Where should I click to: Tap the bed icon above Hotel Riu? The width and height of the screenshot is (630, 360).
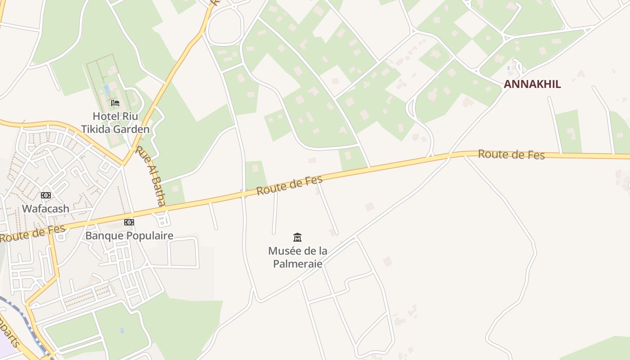click(x=115, y=103)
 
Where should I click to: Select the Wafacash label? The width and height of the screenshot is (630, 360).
click(x=46, y=209)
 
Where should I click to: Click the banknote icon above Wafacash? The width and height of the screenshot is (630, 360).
click(x=46, y=195)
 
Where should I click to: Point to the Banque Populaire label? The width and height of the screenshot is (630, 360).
click(x=129, y=236)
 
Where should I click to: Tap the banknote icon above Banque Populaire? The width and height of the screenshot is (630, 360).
click(x=129, y=222)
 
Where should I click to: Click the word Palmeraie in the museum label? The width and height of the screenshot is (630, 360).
click(x=297, y=264)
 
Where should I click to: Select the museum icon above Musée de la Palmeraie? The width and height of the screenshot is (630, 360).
click(x=297, y=237)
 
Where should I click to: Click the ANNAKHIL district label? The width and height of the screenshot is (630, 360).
click(x=532, y=84)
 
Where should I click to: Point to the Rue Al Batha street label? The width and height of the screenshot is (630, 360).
click(x=150, y=175)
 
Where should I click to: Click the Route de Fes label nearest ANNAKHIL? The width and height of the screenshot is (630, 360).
click(x=511, y=155)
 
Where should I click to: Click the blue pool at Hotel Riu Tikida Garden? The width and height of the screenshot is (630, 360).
click(x=107, y=89)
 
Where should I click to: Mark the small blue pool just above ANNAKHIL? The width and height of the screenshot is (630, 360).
click(x=508, y=68)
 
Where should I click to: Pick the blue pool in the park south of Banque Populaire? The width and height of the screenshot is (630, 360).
click(x=122, y=330)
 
